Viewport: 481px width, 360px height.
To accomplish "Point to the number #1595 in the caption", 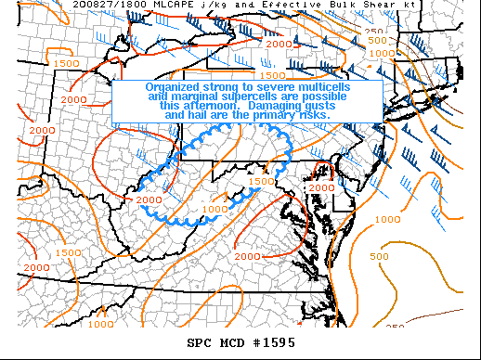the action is [x=272, y=342].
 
